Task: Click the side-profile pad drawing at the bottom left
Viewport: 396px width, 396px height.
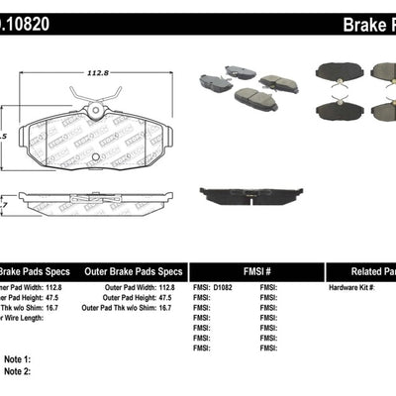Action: point(79,206)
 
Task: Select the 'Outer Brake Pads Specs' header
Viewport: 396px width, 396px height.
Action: point(132,270)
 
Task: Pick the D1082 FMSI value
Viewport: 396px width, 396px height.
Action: point(229,287)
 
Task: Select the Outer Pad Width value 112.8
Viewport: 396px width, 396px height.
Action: point(168,287)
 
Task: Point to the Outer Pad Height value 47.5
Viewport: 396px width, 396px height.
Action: point(166,298)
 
